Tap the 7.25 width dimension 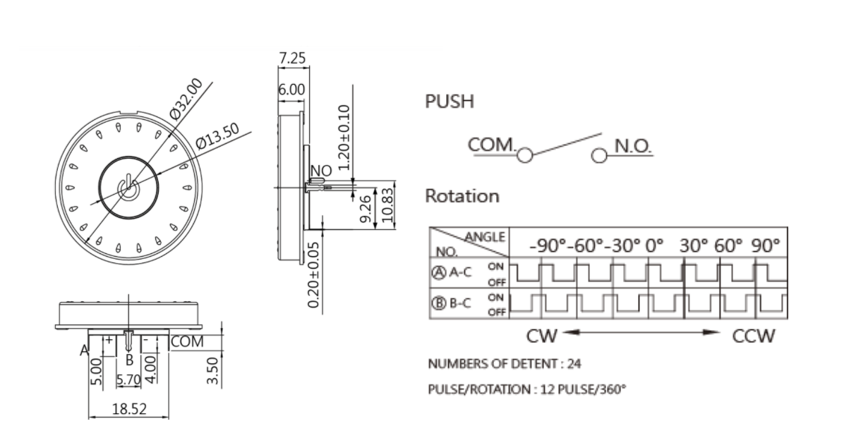pos(292,59)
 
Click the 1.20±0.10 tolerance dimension pos(344,137)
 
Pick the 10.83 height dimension pos(386,205)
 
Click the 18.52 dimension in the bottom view pos(129,408)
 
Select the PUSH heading pos(450,102)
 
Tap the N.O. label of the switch pos(632,146)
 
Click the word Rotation pos(462,196)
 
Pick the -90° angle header pos(549,246)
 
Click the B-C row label pos(461,303)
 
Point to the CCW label pos(753,336)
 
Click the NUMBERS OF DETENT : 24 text pos(505,364)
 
